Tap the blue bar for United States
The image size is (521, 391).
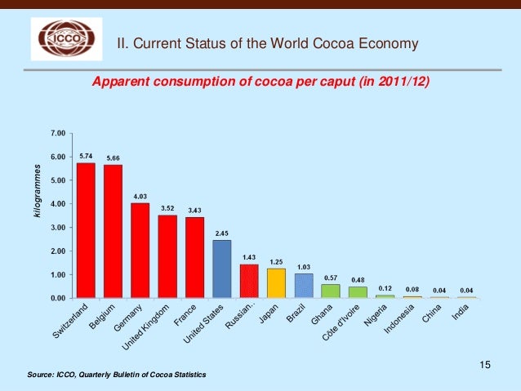[221, 269]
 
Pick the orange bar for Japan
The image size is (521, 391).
[276, 283]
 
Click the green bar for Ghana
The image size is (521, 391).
[331, 291]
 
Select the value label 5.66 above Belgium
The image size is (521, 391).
[114, 158]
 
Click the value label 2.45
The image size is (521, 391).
[221, 233]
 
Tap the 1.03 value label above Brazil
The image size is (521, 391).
[304, 267]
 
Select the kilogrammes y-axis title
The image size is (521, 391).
[36, 190]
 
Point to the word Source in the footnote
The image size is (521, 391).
[40, 374]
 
